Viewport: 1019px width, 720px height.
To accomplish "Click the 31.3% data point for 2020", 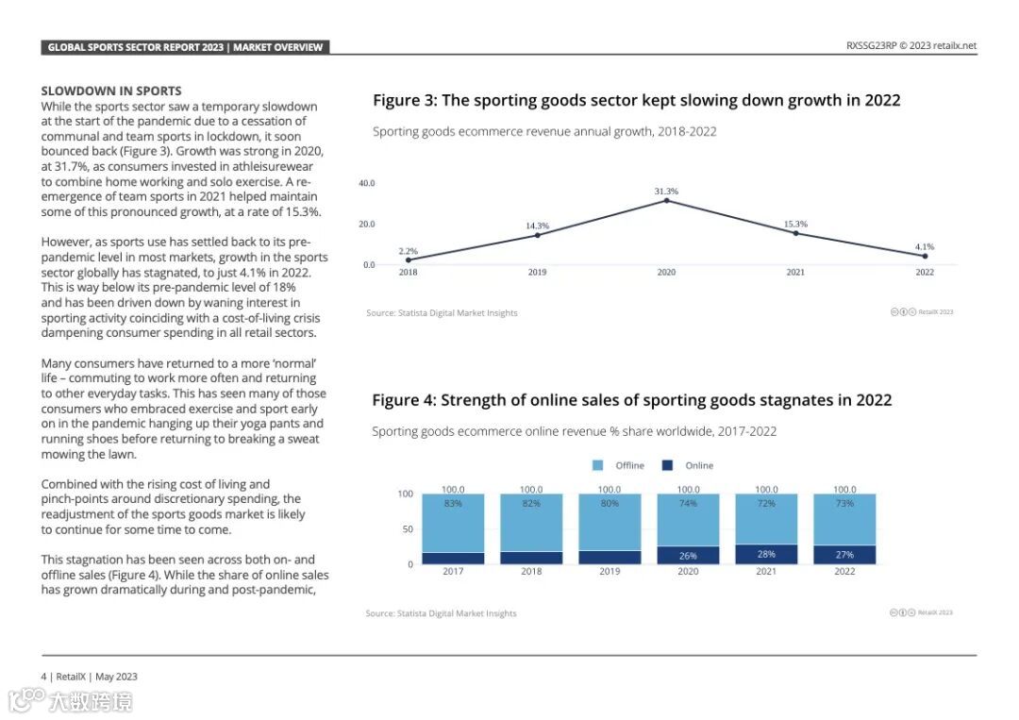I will click(666, 200).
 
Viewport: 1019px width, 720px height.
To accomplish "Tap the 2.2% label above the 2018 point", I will click(408, 251).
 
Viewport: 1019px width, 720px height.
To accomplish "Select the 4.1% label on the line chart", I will click(925, 246).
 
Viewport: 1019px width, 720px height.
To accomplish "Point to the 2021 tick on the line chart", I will click(795, 273).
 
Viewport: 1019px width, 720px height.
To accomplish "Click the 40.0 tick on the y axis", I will click(367, 183).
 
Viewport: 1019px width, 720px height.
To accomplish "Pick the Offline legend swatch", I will click(597, 465).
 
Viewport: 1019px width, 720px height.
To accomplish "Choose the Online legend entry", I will click(699, 465).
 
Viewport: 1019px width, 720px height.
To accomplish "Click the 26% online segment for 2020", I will click(688, 556).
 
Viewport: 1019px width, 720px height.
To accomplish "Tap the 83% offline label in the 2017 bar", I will click(453, 504).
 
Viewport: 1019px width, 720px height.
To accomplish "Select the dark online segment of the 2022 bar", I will click(844, 555).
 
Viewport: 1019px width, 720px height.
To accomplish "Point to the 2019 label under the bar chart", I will click(610, 572).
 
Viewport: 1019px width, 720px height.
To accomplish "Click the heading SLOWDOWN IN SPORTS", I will click(111, 92).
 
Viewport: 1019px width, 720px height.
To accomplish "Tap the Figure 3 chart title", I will click(636, 101).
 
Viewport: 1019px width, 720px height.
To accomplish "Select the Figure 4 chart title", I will click(631, 400).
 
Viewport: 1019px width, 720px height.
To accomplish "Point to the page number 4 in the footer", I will click(43, 677).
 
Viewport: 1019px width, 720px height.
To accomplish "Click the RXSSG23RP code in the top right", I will click(870, 45).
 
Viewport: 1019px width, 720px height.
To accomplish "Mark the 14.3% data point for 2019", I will click(537, 234).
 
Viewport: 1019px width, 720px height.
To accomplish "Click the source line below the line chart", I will click(442, 313).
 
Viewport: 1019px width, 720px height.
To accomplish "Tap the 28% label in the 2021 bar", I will click(766, 555).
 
